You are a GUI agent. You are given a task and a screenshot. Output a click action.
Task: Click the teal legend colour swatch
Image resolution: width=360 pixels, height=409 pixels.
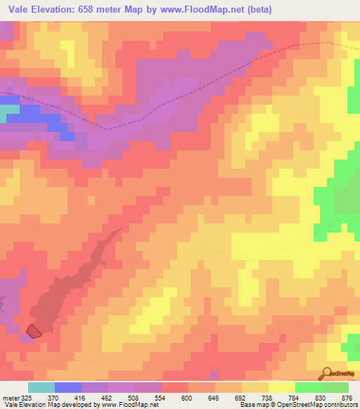click(x=41, y=388)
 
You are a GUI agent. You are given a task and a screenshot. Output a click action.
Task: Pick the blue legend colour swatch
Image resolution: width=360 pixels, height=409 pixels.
click(x=68, y=388)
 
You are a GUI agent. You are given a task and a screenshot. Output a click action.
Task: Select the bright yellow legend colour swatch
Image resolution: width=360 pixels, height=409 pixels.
click(x=282, y=388)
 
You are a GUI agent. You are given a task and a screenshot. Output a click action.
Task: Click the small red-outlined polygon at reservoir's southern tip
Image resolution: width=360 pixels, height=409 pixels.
click(x=33, y=330)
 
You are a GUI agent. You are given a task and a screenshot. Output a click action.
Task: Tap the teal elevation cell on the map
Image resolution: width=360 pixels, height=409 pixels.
click(x=8, y=110)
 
